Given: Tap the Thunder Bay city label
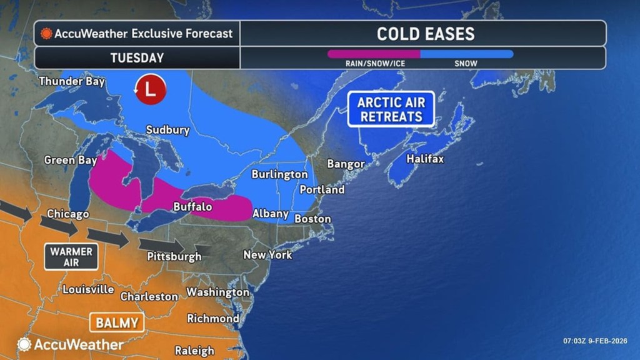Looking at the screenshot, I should click(x=72, y=81).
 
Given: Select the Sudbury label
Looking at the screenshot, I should click(x=167, y=130).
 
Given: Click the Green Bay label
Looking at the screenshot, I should click(x=70, y=161).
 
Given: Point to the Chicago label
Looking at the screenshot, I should click(x=67, y=214).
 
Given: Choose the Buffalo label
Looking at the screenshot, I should click(x=192, y=206).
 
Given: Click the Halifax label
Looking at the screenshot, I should click(x=425, y=159).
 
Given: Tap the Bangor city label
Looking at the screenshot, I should click(x=346, y=164).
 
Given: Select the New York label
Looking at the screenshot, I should click(x=267, y=255).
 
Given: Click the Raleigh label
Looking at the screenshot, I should click(x=195, y=351).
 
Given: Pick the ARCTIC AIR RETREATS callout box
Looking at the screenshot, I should click(x=391, y=109).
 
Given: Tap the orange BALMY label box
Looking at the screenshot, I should click(x=117, y=322).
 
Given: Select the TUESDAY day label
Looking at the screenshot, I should click(x=137, y=58).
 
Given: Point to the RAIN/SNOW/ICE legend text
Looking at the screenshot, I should click(x=373, y=63).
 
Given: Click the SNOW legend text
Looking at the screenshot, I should click(x=466, y=63).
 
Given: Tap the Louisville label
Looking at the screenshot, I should click(x=88, y=289).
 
